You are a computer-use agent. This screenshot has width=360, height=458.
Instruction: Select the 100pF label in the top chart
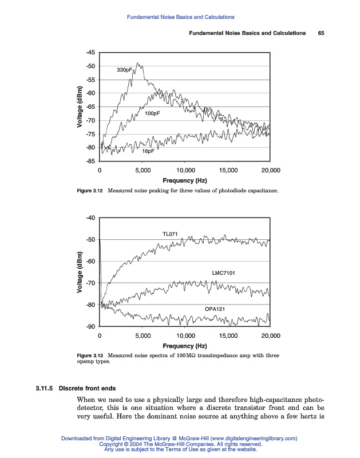152,114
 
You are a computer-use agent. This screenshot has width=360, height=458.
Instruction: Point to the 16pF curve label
148,152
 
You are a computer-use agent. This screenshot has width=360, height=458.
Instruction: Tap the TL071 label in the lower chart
170,234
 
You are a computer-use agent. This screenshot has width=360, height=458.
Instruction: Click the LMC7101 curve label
223,273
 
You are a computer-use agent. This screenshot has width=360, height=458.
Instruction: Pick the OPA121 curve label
215,309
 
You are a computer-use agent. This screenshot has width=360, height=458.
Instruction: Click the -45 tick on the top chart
90,53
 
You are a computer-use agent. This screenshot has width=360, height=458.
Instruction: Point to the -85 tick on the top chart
90,161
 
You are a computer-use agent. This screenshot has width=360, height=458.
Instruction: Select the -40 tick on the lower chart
90,218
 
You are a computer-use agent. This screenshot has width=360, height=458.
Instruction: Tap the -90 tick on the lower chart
90,327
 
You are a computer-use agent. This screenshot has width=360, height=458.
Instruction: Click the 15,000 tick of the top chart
228,171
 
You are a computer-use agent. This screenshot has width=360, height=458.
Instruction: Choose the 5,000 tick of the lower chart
143,336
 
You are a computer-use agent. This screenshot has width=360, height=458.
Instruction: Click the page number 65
321,33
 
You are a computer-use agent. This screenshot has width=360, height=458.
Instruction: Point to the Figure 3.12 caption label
89,190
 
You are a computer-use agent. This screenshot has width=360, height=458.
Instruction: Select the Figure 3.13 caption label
89,356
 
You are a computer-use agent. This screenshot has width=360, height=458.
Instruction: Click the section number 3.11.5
43,388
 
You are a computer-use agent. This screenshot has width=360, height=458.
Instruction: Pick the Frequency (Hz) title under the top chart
184,180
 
